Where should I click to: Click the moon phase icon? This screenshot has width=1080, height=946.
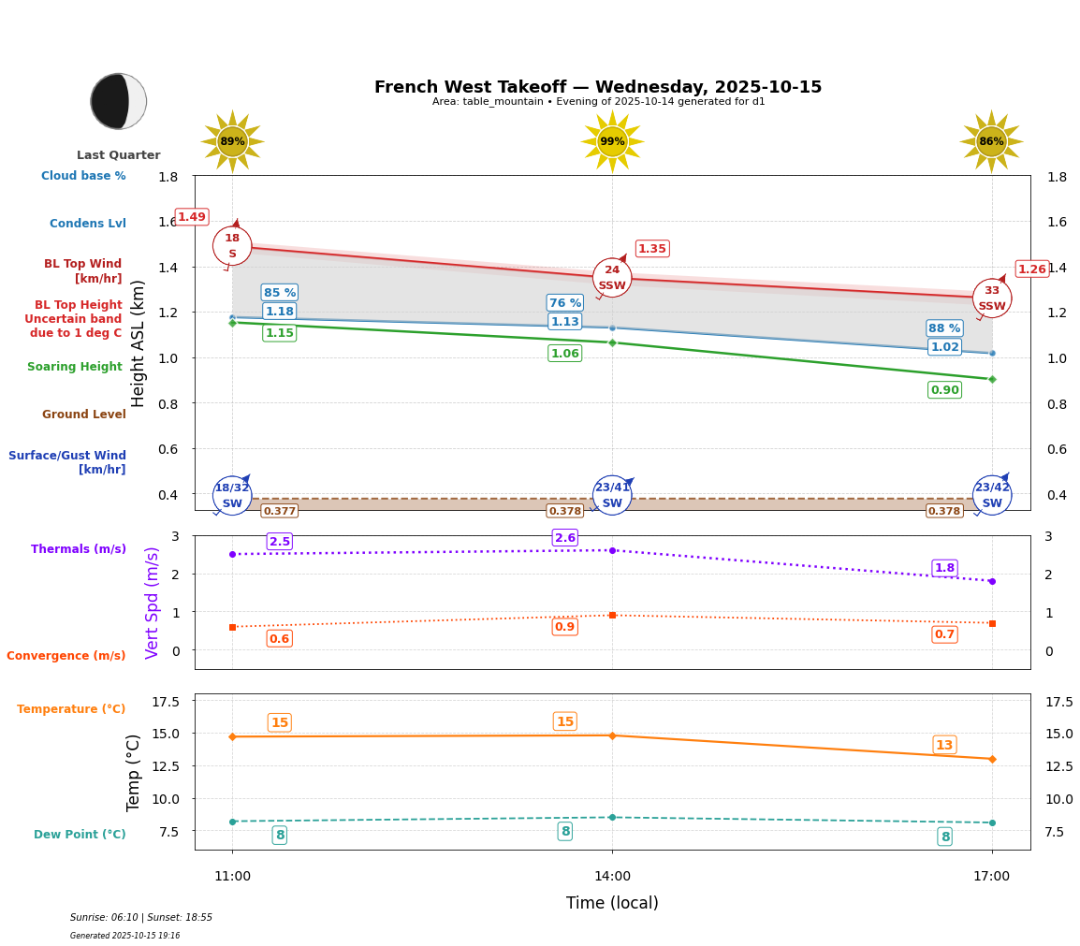click(119, 101)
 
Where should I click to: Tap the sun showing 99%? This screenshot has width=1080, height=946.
click(612, 141)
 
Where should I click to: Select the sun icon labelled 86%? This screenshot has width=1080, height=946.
click(991, 141)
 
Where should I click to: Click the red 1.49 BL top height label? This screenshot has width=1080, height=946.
click(192, 217)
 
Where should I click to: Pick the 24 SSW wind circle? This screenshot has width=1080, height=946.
click(612, 278)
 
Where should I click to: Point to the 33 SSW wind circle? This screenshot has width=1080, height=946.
click(992, 298)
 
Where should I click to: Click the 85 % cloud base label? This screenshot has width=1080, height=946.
click(280, 293)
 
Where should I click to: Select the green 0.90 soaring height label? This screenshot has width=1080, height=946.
click(944, 390)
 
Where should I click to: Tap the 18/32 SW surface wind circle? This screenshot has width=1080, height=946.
click(232, 496)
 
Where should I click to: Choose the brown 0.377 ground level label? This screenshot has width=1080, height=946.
click(280, 511)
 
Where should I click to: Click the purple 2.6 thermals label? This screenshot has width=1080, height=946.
click(565, 538)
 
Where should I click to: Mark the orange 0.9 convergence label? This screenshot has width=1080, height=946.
click(565, 627)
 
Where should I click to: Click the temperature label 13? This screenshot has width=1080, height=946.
click(944, 745)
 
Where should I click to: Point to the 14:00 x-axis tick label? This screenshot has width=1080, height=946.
click(612, 877)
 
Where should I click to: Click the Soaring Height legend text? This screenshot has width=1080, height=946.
click(75, 367)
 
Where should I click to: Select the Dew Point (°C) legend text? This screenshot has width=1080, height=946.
click(80, 835)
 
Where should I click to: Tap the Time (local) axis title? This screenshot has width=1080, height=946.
click(612, 903)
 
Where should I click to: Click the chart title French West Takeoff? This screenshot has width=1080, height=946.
click(598, 87)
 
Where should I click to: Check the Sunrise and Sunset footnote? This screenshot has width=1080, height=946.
click(141, 918)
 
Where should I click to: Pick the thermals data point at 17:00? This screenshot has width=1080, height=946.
click(992, 581)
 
